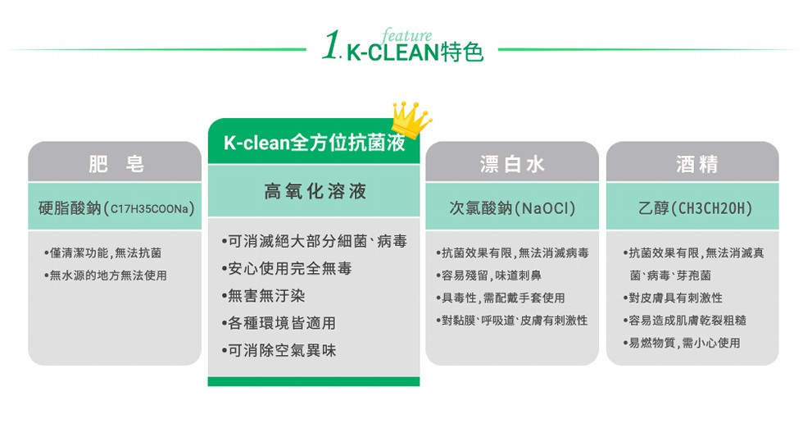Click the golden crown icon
(x=411, y=121)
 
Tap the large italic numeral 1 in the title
(x=331, y=44)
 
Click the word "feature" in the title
(x=406, y=35)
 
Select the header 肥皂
(x=116, y=164)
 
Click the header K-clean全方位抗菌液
(x=314, y=142)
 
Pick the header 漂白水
(x=511, y=164)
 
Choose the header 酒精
(x=696, y=164)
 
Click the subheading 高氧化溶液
(x=315, y=191)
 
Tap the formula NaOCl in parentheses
(x=545, y=208)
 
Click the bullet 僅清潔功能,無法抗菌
(x=103, y=253)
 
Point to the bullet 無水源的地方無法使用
(x=106, y=275)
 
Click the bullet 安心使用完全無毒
(x=287, y=268)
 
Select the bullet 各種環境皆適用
(x=279, y=323)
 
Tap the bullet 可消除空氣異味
(x=279, y=351)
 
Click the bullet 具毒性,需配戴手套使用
(x=501, y=298)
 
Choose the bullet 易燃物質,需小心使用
(x=682, y=343)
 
